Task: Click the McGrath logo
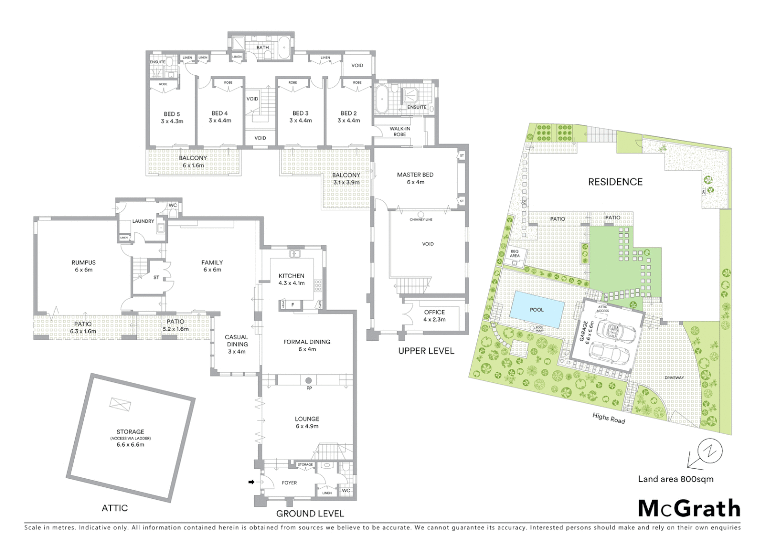(689, 508)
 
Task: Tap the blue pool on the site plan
(536, 310)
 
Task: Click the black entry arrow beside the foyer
(252, 482)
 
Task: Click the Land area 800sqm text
(675, 479)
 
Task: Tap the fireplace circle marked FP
(309, 381)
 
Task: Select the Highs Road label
(609, 418)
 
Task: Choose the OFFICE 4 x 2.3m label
(434, 316)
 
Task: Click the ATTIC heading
(115, 508)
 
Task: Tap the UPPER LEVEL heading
(426, 351)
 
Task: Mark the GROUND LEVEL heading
(310, 513)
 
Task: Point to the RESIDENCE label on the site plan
(615, 182)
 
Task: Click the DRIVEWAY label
(674, 378)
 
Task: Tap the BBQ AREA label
(515, 253)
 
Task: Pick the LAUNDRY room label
(143, 221)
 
